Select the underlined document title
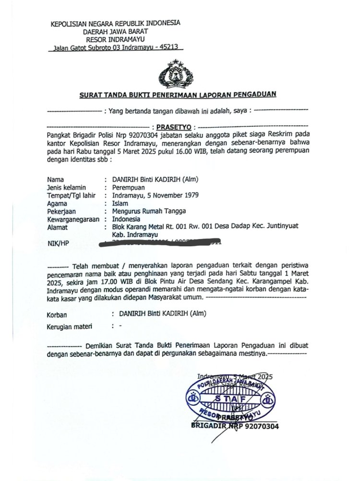[178, 94]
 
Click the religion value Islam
[119, 204]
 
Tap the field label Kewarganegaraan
[73, 219]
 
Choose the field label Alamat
[57, 227]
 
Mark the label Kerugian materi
[69, 327]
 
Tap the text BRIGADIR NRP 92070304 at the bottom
[235, 426]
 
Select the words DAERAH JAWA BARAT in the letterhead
[115, 31]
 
